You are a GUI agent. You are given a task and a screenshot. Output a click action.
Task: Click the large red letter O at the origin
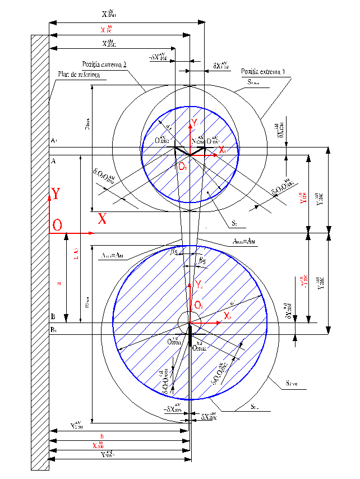point(57,225)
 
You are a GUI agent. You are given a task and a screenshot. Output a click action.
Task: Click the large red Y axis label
point(56,194)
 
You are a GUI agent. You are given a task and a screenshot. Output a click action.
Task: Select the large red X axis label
point(102,218)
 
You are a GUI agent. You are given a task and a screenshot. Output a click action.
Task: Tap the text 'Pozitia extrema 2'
point(104,65)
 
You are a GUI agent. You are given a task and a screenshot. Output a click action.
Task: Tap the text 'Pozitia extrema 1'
point(263,72)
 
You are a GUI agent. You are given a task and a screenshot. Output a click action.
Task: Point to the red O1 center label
point(182,167)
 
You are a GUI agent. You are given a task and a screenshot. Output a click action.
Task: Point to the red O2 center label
point(199,305)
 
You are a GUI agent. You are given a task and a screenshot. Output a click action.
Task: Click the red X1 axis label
point(222,150)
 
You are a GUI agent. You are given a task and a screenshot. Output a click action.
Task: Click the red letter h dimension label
point(101,436)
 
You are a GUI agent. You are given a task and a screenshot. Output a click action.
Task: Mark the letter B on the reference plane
point(53,317)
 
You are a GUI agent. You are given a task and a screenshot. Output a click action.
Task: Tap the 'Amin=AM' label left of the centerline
point(114,255)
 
